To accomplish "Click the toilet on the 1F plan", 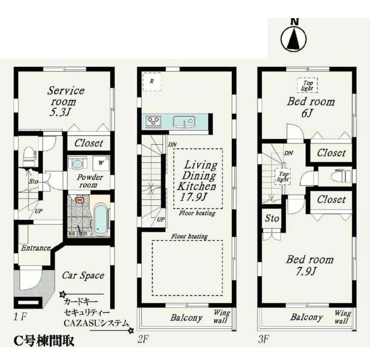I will tap(29, 157).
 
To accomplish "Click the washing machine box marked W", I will tap(101, 162).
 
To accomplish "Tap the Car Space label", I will tap(83, 276).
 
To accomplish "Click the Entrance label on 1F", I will tap(35, 248).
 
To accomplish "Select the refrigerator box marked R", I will tap(152, 81).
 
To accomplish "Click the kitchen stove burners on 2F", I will tap(154, 121).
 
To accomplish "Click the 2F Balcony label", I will tap(186, 317).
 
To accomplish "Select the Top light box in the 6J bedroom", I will tap(307, 86).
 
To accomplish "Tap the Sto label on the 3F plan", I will tap(272, 219).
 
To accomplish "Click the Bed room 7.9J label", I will tap(309, 265).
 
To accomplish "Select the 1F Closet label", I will tap(89, 143).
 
